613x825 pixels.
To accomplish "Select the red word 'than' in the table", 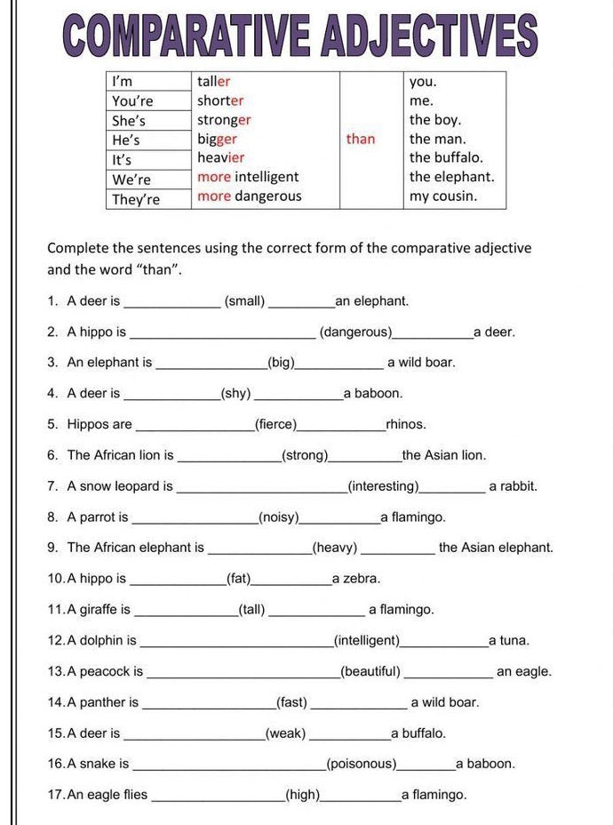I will (x=361, y=139).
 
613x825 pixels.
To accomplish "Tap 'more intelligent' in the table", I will (x=248, y=177).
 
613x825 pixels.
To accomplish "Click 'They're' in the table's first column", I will (x=136, y=199).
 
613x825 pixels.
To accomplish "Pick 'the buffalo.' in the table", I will (x=446, y=158).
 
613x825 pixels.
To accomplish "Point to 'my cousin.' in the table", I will (x=443, y=196).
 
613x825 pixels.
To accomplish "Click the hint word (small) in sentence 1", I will (x=245, y=301).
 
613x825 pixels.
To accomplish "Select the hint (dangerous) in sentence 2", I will (x=355, y=332).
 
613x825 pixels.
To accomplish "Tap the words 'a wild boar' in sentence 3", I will (x=421, y=363).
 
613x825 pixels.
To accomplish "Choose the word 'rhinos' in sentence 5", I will (x=406, y=425).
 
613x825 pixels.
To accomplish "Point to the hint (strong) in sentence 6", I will (x=305, y=456).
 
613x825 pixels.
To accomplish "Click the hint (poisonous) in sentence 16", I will (x=362, y=765).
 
